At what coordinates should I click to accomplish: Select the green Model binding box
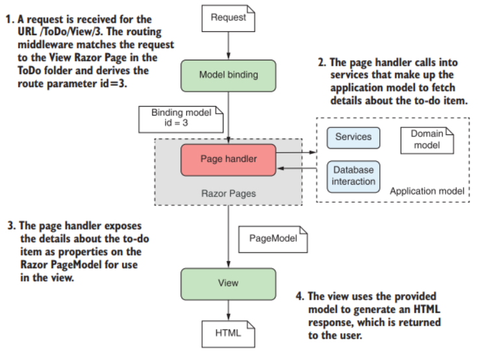229,75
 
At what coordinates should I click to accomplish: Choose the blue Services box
353,137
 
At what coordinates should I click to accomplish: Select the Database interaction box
353,175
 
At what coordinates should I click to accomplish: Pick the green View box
228,283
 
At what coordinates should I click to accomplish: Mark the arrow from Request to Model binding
229,44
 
